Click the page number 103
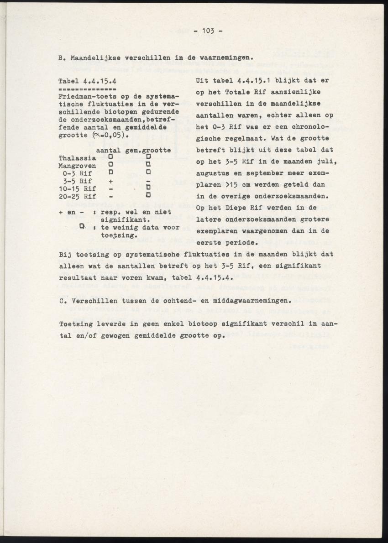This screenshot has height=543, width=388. (x=208, y=31)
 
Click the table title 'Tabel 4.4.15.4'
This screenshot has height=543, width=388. (x=86, y=81)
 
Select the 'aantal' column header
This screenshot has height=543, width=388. (x=108, y=150)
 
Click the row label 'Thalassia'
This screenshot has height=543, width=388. (x=77, y=158)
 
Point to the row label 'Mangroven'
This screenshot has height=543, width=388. (x=77, y=166)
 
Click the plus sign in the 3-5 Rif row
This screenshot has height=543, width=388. (x=110, y=181)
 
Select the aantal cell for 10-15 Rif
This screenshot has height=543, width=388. (x=110, y=188)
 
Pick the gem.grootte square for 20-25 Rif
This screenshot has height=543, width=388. (x=148, y=196)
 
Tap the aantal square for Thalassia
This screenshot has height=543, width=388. (x=110, y=157)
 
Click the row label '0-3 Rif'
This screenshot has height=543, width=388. (x=77, y=173)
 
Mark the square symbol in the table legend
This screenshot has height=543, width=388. (x=82, y=226)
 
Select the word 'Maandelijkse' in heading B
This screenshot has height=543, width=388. (x=91, y=58)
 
